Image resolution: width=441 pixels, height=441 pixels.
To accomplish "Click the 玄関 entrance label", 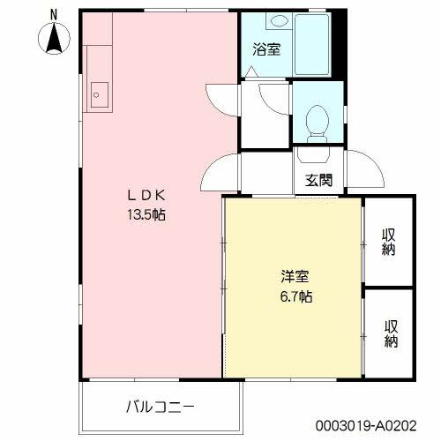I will point(318,182).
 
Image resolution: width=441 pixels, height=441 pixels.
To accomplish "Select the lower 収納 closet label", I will point(388,333).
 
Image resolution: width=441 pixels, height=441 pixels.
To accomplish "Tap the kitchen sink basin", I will point(99,93).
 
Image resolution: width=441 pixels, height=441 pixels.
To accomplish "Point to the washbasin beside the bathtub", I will point(279,21).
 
